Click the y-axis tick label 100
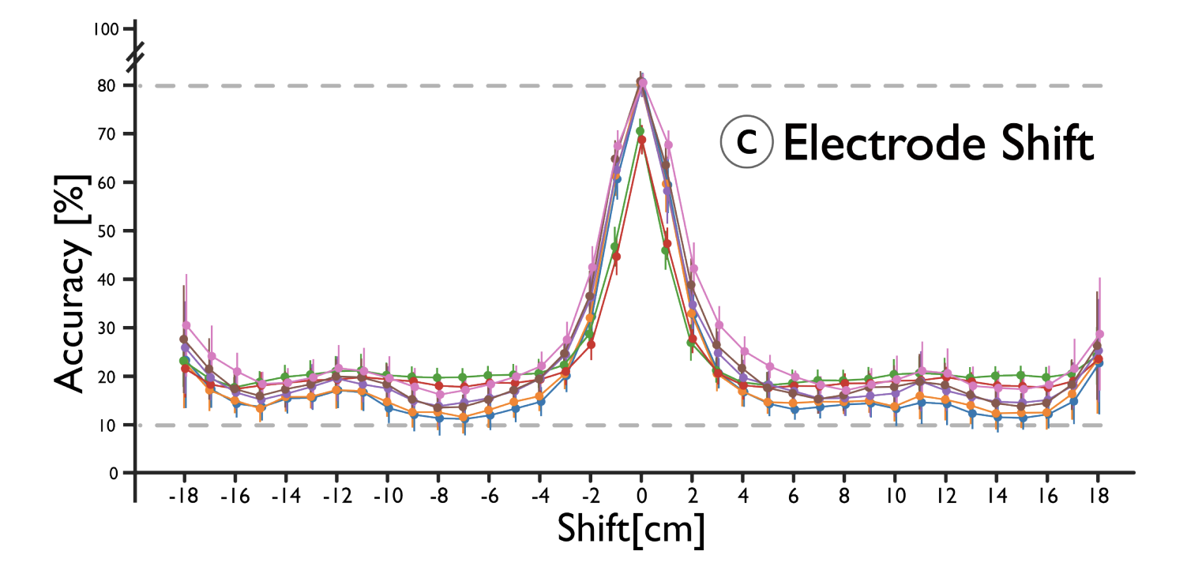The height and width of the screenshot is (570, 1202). [x=104, y=29]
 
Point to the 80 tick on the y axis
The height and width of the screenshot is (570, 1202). [x=109, y=85]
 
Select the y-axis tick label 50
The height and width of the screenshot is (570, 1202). [x=109, y=231]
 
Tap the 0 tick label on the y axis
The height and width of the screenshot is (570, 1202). [x=113, y=473]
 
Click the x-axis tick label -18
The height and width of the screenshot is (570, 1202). [x=183, y=497]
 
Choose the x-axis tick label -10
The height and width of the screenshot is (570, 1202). [x=386, y=497]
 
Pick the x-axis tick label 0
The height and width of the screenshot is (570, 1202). [x=641, y=497]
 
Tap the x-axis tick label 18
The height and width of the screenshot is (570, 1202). [x=1098, y=497]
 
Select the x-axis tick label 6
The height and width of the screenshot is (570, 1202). [x=794, y=497]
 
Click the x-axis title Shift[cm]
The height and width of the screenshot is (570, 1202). [x=630, y=530]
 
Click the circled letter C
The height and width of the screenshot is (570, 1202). [x=745, y=144]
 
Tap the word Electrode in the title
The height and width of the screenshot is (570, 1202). [x=880, y=144]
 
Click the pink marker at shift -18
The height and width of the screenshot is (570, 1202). [x=186, y=325]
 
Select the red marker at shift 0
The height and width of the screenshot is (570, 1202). [x=641, y=140]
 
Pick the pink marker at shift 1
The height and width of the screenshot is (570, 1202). [x=668, y=144]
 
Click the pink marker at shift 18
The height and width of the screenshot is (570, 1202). [x=1099, y=334]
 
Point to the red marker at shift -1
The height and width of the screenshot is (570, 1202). [x=616, y=257]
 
